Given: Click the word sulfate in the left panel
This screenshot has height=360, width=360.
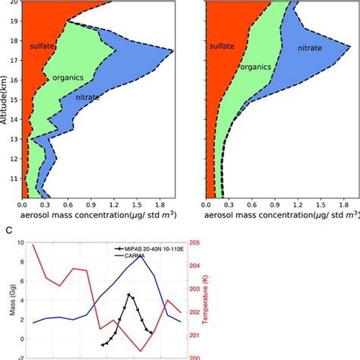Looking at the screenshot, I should point(42,47).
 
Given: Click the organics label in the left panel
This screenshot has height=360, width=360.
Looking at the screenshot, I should point(67,77).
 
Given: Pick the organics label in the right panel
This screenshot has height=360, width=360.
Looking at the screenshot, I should point(255,67).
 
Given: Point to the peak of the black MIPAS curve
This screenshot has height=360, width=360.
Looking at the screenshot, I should point(130,294).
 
